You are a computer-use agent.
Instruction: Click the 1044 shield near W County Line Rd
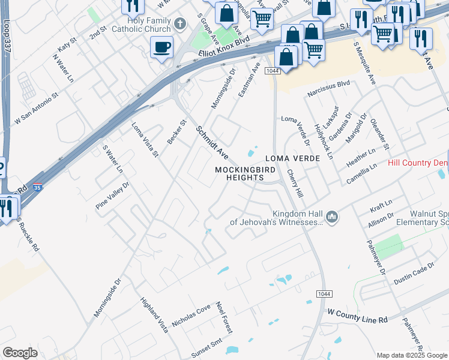pos(324,293)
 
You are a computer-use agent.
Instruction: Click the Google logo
pos(20,353)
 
